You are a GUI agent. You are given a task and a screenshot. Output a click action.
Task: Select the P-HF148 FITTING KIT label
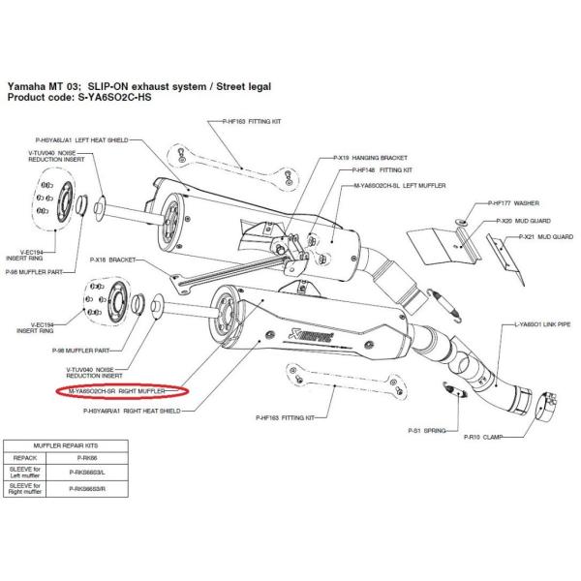point(360,169)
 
